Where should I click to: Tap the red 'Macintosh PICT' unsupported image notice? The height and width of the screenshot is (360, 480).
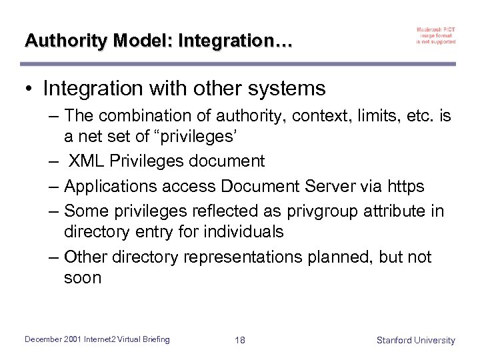pyautogui.click(x=435, y=35)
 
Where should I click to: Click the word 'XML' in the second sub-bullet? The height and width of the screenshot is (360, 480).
pyautogui.click(x=85, y=161)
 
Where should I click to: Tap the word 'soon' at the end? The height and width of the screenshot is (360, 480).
pyautogui.click(x=83, y=277)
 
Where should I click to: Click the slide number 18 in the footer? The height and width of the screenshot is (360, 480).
pyautogui.click(x=240, y=340)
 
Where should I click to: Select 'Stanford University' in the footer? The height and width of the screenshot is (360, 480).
pyautogui.click(x=415, y=340)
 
